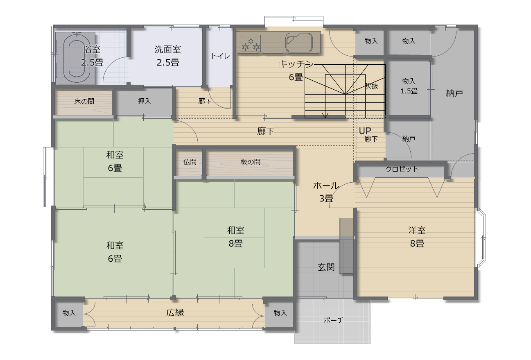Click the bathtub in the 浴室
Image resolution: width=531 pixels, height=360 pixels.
point(76,58)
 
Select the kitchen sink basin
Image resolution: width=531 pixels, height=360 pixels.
point(299,43)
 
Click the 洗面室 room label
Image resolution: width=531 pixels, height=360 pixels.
point(167,56)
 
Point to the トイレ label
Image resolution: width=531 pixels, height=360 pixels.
point(220,56)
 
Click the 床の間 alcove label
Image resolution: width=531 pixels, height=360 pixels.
point(84,101)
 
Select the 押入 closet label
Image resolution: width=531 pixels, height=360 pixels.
point(144,101)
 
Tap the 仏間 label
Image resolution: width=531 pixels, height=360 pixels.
point(190,162)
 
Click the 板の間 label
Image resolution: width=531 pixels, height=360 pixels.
point(250,162)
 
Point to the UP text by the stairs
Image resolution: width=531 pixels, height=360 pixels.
point(365,131)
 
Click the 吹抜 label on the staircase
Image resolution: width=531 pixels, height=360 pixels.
point(371,86)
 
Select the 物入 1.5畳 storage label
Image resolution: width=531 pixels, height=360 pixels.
point(409,86)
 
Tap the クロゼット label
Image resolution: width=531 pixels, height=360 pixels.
point(402,169)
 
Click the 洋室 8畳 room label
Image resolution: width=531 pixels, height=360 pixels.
point(417,237)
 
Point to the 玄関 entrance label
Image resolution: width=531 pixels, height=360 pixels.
point(326,267)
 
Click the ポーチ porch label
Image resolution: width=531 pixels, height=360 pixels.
point(334,320)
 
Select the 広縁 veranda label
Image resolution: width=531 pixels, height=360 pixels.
point(175,313)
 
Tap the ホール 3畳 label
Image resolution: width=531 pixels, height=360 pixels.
point(326,192)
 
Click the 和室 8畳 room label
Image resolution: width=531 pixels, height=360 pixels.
point(235,237)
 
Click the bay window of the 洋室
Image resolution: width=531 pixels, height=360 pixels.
point(481,238)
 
